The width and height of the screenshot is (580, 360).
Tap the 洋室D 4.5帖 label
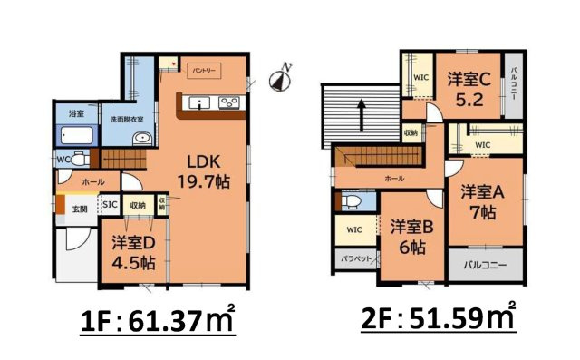(x=133, y=253)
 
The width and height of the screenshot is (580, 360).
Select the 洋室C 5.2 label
(x=469, y=89)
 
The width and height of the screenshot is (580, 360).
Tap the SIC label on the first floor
(x=109, y=205)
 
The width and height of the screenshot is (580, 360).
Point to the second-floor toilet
(x=350, y=201)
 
